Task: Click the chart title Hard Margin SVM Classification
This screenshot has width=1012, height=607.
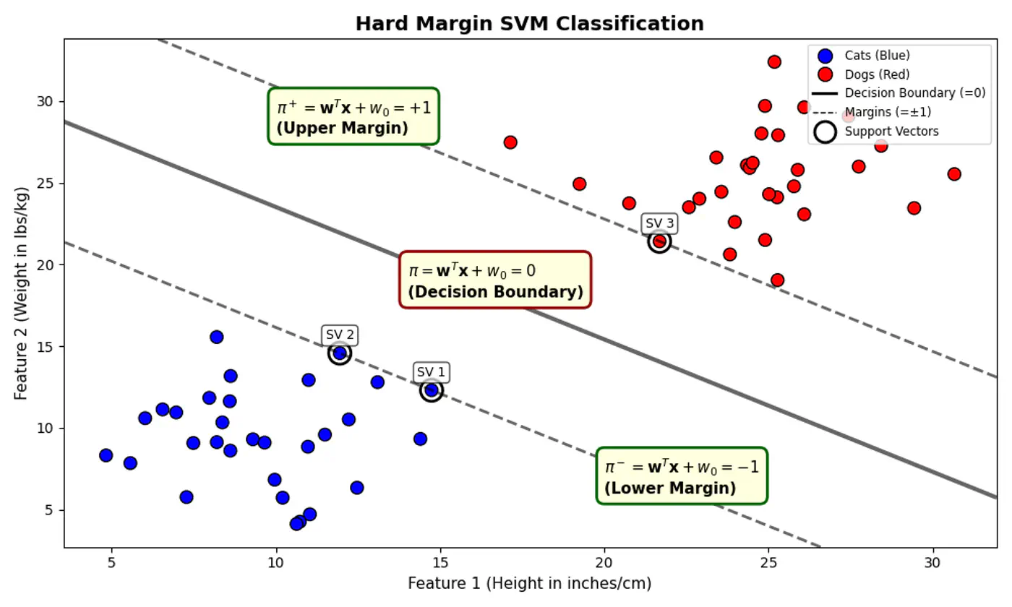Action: [x=529, y=24]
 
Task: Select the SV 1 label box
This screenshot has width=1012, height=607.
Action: [x=432, y=372]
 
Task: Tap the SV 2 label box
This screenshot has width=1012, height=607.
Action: [x=340, y=335]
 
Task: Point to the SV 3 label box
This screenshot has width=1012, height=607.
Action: [x=659, y=223]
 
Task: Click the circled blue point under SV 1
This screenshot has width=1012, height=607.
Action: [x=432, y=390]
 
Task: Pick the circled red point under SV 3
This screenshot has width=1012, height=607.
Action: [x=659, y=241]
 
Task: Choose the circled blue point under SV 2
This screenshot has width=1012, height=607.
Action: [x=340, y=353]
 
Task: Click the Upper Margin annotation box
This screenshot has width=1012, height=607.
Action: [x=353, y=117]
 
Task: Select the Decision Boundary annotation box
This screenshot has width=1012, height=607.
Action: [x=495, y=280]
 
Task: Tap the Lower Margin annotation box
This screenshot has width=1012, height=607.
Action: [x=682, y=475]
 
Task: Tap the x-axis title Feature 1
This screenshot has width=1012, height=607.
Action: [x=529, y=583]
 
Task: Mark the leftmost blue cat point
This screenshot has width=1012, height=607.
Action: [x=106, y=455]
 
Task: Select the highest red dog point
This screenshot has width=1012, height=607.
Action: [x=774, y=62]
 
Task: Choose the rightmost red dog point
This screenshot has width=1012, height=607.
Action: [x=954, y=174]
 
